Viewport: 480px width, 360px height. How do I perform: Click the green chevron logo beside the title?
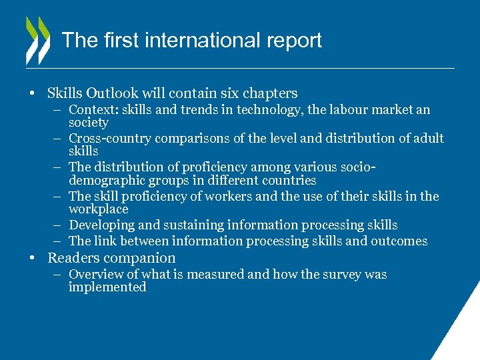point(37,40)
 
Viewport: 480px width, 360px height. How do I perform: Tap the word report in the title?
point(295,40)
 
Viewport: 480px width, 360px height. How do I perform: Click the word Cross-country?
point(111,139)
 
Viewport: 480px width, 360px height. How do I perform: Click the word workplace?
point(98,209)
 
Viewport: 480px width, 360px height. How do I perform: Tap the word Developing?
point(100,225)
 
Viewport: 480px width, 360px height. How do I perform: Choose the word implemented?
point(107,287)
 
